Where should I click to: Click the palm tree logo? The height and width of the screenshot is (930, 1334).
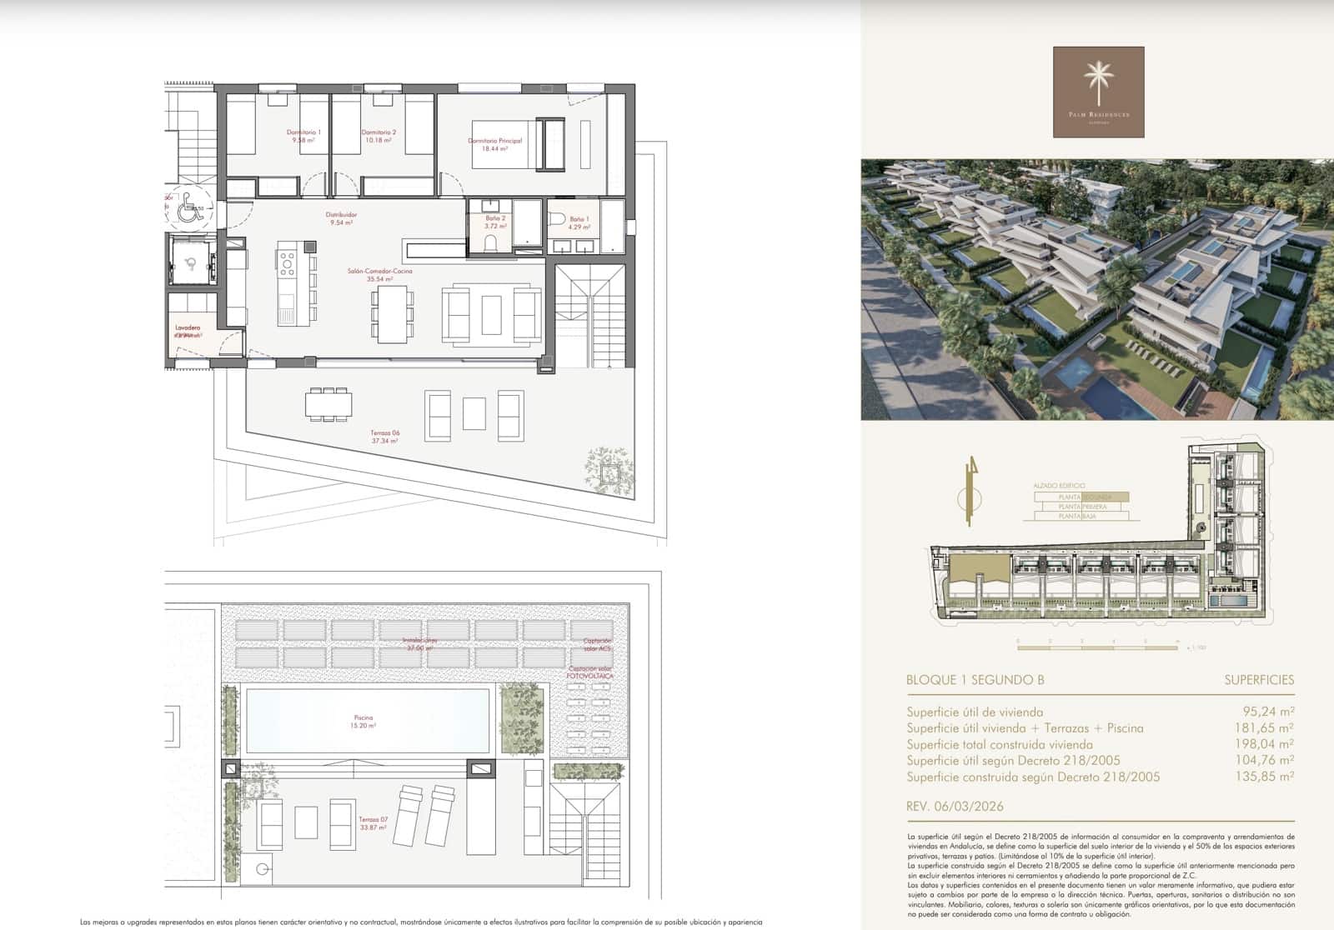(1098, 83)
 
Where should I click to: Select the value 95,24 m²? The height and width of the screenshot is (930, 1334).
(1267, 712)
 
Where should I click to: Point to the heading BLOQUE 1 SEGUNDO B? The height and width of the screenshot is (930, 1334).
(975, 680)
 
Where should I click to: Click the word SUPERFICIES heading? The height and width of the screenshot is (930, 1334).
(1259, 680)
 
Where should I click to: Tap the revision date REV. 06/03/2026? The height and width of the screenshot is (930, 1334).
(955, 806)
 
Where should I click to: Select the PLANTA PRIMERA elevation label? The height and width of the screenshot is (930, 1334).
(1082, 507)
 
